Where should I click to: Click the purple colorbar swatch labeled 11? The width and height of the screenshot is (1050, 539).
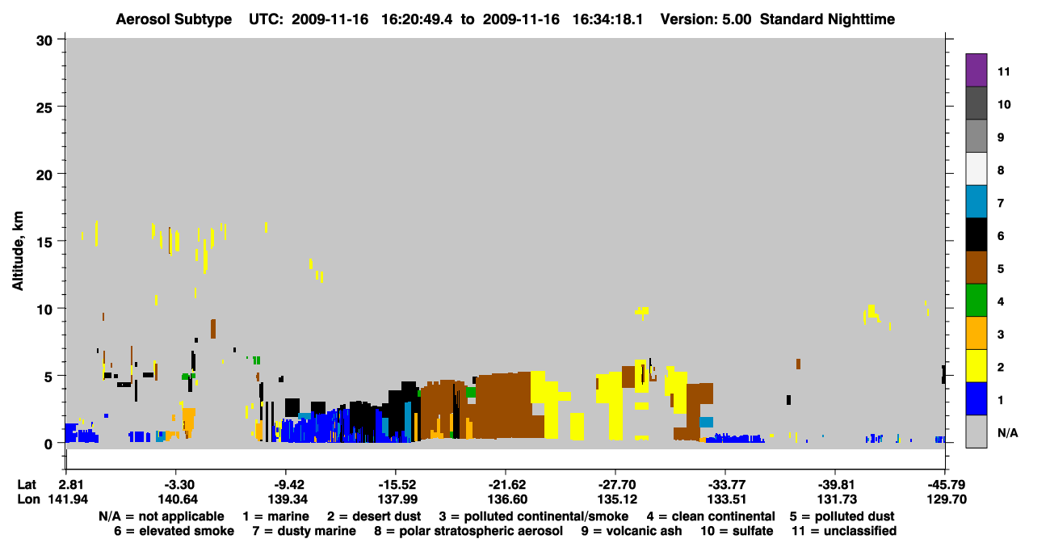(976, 69)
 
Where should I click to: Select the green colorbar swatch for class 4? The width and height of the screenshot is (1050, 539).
(976, 301)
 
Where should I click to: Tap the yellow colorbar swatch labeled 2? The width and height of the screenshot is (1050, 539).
(976, 366)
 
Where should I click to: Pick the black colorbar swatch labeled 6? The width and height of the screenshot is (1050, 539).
(976, 234)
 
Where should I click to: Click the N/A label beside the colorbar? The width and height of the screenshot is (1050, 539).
(1007, 432)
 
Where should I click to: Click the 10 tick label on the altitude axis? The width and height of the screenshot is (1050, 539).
(44, 310)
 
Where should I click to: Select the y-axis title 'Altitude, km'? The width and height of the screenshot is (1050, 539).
(18, 251)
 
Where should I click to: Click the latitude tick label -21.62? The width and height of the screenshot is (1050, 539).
(506, 485)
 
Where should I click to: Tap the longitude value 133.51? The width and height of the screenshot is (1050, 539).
(727, 499)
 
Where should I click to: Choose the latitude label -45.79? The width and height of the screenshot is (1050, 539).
(947, 485)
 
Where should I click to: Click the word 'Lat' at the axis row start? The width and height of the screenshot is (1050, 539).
(27, 485)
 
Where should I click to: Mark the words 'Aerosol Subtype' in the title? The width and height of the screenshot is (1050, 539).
(174, 19)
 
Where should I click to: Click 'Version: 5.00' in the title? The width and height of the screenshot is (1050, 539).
(706, 19)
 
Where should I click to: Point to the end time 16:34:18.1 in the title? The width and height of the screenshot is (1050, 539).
(608, 19)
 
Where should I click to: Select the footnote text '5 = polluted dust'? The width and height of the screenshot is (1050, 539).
(842, 516)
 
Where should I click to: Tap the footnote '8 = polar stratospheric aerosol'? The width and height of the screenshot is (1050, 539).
(468, 531)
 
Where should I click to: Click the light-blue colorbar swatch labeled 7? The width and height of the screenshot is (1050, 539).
(976, 202)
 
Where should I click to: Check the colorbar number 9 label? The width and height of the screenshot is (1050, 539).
(1001, 137)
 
